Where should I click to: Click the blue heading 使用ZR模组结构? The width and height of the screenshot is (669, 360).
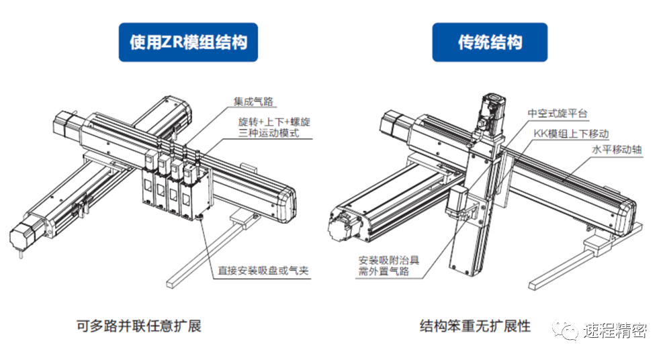click(x=188, y=42)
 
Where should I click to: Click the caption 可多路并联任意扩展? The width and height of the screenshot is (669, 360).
click(x=139, y=327)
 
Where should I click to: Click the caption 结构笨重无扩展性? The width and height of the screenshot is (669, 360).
click(x=475, y=327)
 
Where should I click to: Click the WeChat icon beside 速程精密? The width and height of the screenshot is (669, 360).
click(x=564, y=330)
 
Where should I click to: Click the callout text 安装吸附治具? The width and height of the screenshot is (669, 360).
click(x=389, y=260)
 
